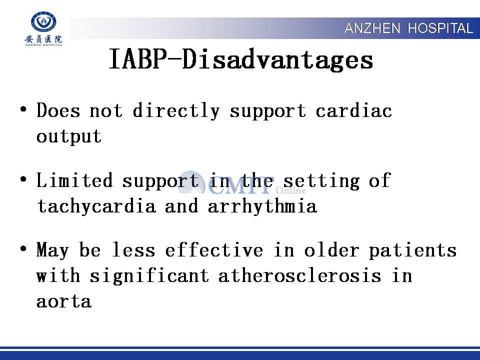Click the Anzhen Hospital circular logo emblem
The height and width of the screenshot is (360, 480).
43,21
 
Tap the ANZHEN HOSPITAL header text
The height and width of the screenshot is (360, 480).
408,28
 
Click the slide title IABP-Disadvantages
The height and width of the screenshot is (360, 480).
241,59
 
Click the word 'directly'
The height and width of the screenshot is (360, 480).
176,111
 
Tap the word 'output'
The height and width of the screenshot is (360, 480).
69,137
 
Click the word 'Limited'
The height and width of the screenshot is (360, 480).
74,180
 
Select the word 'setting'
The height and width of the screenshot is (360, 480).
321,181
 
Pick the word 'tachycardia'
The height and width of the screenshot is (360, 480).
96,206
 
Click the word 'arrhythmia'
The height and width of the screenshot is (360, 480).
262,205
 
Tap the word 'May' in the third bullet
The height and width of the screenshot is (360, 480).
52,250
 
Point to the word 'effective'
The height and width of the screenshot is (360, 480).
214,250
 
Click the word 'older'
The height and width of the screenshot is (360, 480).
331,250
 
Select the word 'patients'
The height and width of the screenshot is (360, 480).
412,250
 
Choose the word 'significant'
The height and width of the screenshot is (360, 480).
149,276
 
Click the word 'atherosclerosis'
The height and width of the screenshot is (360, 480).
299,275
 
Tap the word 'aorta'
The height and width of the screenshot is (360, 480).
64,301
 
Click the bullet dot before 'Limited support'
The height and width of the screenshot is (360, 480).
23,179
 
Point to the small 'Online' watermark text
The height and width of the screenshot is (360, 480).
291,190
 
